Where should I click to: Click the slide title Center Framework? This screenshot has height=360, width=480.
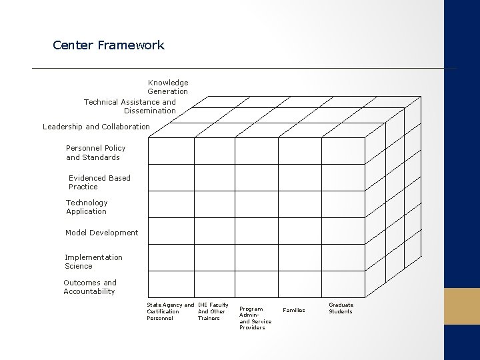[x=109, y=46]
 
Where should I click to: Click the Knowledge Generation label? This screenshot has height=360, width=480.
[x=168, y=87]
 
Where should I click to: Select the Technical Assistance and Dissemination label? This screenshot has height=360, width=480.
[x=131, y=106]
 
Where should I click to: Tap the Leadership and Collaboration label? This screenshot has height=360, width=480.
[x=96, y=127]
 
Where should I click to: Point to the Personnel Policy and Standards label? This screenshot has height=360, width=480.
[x=95, y=153]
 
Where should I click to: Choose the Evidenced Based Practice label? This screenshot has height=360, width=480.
[x=99, y=183]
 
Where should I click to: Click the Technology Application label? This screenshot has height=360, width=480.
[x=87, y=207]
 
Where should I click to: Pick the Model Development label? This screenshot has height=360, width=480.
[x=101, y=233]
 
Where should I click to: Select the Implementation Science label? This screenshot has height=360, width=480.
[x=93, y=261]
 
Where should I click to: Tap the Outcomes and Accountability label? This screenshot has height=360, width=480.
[x=89, y=287]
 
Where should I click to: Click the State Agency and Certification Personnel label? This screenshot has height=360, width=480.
[x=169, y=311]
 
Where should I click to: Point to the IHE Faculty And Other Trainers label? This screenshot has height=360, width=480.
[x=213, y=311]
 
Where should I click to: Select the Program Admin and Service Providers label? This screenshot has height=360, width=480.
[x=255, y=318]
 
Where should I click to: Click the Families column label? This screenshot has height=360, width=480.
[x=294, y=310]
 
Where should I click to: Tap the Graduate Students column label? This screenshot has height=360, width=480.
[x=341, y=308]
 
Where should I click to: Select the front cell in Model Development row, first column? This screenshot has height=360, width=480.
[x=171, y=230]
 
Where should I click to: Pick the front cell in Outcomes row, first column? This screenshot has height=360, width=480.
[x=171, y=283]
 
